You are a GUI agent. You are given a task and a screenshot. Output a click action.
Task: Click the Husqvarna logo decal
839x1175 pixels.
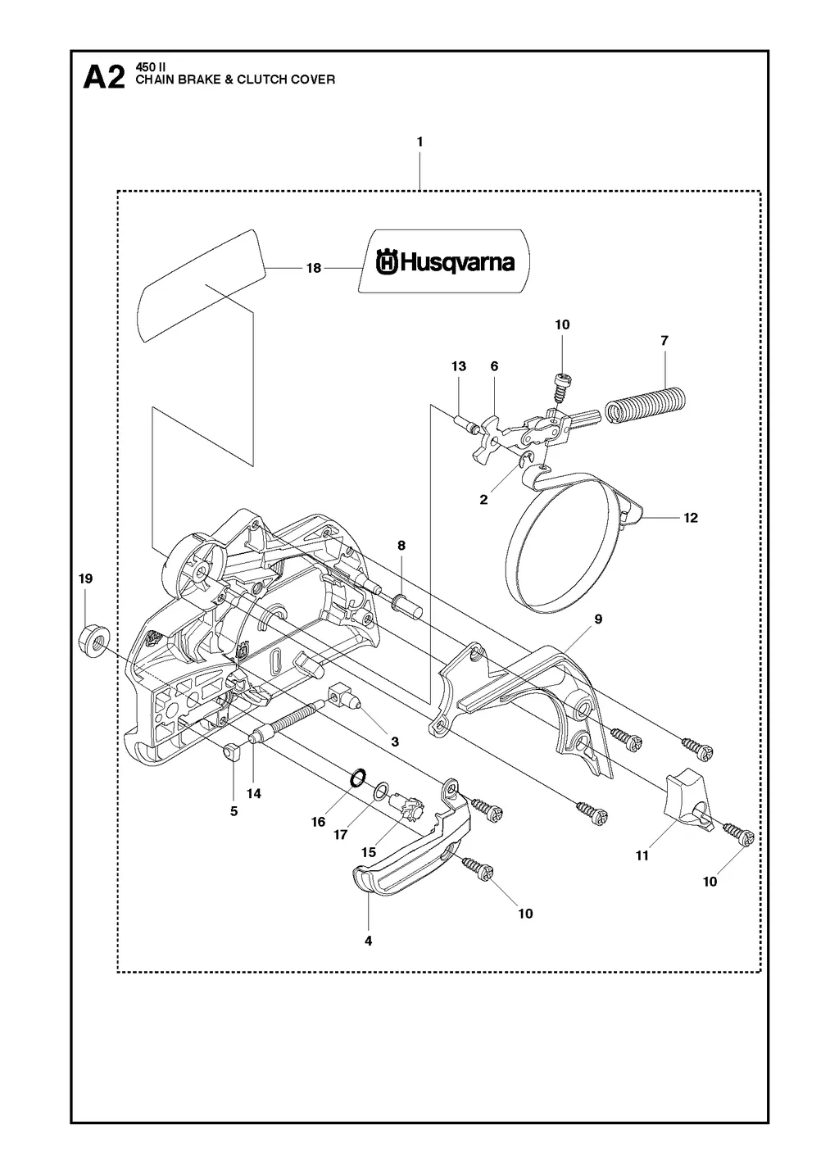pyautogui.click(x=444, y=261)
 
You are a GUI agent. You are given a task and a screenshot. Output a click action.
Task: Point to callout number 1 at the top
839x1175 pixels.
pyautogui.click(x=419, y=142)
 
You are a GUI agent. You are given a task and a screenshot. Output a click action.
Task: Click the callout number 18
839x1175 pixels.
pyautogui.click(x=314, y=268)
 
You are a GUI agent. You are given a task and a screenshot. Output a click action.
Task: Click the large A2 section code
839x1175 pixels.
pyautogui.click(x=104, y=78)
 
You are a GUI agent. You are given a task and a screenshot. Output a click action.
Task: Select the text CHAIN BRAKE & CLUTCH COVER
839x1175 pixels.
pyautogui.click(x=234, y=80)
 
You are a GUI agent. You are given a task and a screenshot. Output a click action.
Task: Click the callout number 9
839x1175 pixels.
pyautogui.click(x=598, y=619)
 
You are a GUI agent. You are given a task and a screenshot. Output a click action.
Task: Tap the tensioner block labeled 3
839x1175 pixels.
pyautogui.click(x=343, y=697)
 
